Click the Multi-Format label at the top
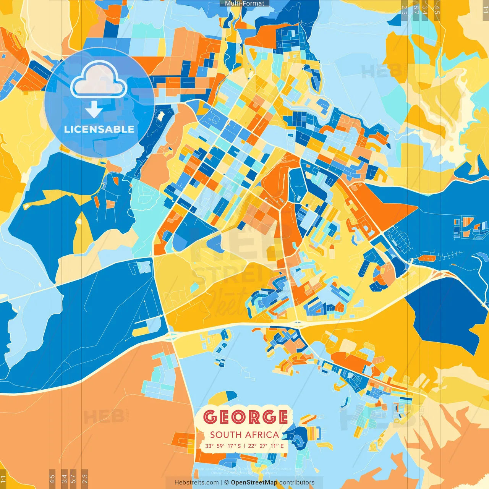coord(244,3)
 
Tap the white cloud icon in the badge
coord(99,80)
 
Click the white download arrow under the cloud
coord(94,109)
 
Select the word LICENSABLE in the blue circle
coord(99,129)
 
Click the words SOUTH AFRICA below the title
coord(244,435)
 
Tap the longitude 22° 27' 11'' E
coord(266,446)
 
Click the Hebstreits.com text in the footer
coord(196,483)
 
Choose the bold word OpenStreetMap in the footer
coord(254,483)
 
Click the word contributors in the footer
coord(297,483)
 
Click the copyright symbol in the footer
coord(227,483)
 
